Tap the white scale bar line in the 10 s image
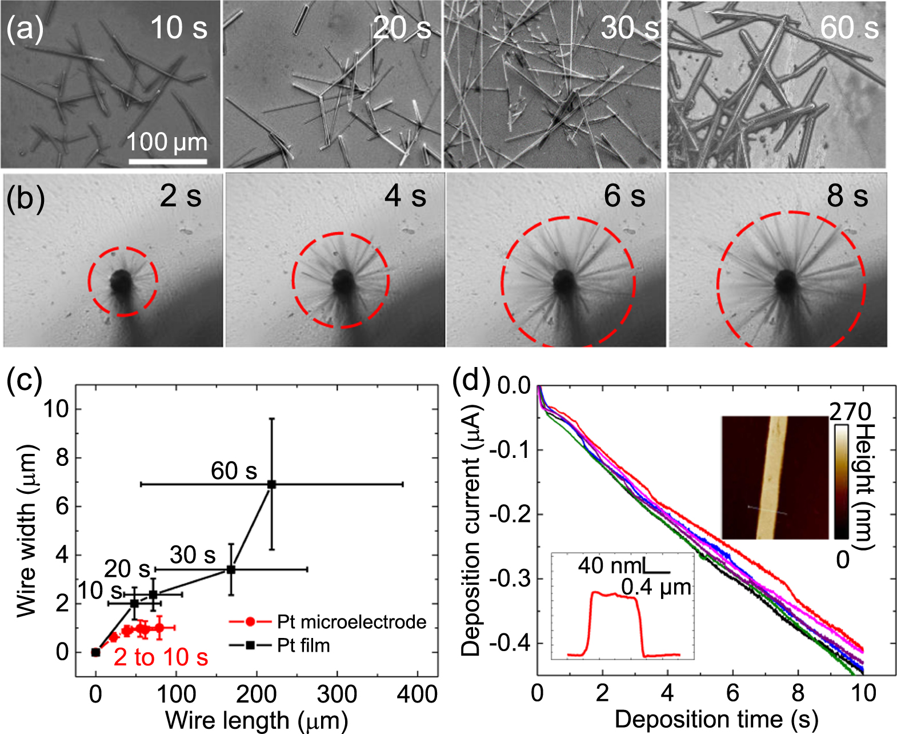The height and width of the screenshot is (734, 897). [167, 162]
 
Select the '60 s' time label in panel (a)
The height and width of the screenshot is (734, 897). [849, 28]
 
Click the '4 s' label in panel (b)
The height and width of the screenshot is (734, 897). [405, 197]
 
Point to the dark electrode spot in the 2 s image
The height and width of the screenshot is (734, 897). [121, 281]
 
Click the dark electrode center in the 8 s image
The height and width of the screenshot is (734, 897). [787, 281]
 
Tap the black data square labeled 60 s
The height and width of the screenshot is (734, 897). [272, 484]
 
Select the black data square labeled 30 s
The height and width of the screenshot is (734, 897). [231, 569]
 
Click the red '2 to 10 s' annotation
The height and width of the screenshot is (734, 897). [161, 658]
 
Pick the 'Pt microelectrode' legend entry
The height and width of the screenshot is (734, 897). [351, 622]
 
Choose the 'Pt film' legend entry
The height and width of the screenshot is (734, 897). [303, 646]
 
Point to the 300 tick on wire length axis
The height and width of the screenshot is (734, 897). [337, 694]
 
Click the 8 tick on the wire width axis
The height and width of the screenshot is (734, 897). [62, 458]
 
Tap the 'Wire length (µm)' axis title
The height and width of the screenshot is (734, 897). [257, 720]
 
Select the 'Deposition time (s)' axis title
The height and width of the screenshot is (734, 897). [716, 720]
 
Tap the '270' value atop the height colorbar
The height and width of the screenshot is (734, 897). [850, 412]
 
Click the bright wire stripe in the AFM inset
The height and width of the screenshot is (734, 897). [771, 477]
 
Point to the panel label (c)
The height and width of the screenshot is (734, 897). [24, 382]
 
